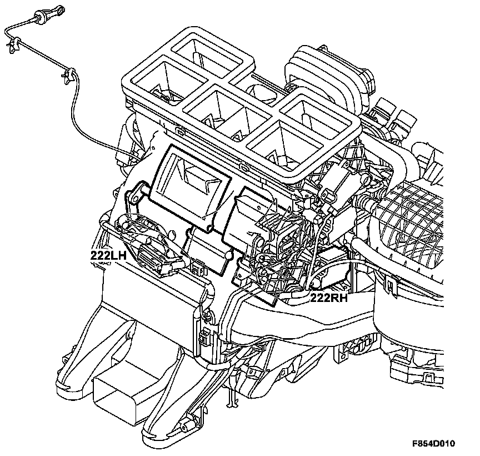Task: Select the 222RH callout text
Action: (329, 298)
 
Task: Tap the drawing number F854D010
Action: (433, 444)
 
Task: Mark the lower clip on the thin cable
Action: (69, 73)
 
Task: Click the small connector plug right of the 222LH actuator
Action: (196, 269)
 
